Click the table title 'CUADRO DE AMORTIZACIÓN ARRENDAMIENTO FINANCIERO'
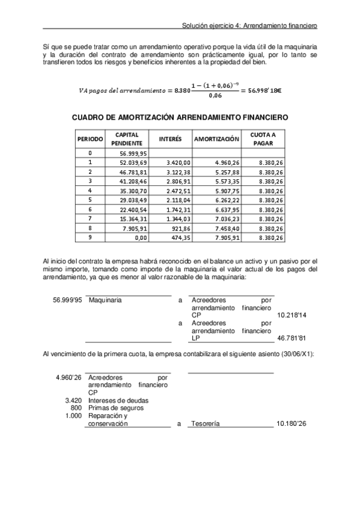pos(180,118)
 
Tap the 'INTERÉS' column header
pos(170,139)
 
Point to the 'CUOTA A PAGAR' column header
pos(263,139)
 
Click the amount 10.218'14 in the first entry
pos(291,315)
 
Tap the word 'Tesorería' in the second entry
pos(205,424)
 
